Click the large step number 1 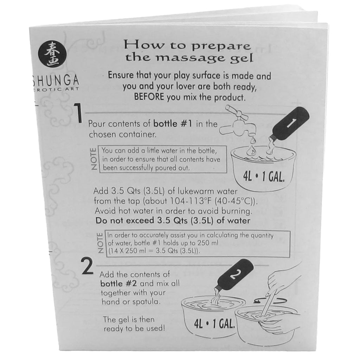(x=78, y=113)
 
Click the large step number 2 (x=88, y=266)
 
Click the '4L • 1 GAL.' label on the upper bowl (x=264, y=177)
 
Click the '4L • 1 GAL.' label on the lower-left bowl (x=214, y=324)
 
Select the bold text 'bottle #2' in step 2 (x=118, y=284)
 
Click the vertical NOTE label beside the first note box (x=94, y=159)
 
